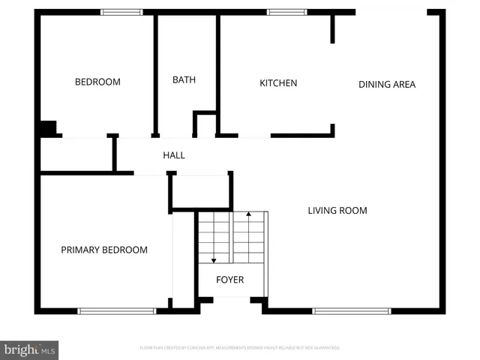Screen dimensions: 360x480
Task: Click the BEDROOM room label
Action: (x=97, y=82)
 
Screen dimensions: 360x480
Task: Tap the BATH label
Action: (x=184, y=79)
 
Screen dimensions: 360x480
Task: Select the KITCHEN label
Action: (x=278, y=83)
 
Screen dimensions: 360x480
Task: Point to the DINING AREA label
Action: (x=387, y=84)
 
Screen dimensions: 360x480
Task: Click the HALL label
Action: (x=174, y=155)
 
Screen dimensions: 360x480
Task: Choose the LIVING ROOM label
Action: (x=337, y=211)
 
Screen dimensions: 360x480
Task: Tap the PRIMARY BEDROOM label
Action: (x=104, y=250)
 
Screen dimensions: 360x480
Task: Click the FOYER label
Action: (x=230, y=280)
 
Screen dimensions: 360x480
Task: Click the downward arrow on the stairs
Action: (x=214, y=259)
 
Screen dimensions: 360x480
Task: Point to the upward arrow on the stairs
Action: (x=249, y=216)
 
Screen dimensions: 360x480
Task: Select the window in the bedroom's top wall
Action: (x=121, y=12)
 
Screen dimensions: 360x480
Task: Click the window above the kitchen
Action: (x=286, y=12)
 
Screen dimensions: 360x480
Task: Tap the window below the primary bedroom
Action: (x=117, y=310)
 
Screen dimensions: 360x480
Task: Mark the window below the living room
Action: (x=352, y=310)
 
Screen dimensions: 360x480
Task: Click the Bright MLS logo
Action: (x=29, y=349)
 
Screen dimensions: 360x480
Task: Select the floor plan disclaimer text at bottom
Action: (x=240, y=348)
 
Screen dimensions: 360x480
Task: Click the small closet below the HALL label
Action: (x=200, y=191)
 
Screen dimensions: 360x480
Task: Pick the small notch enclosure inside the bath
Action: (x=205, y=124)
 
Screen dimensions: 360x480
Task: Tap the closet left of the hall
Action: (x=76, y=154)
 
